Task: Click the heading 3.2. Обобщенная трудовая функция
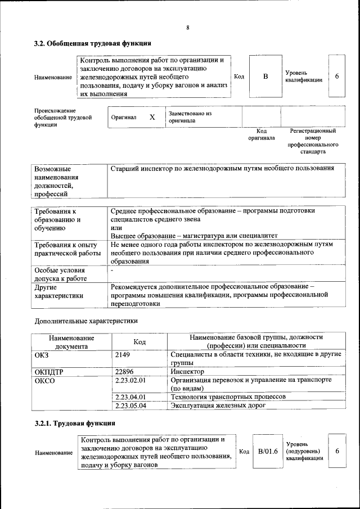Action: (92, 43)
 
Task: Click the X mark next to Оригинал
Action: (152, 118)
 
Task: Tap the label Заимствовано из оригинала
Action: (190, 117)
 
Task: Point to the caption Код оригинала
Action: (262, 134)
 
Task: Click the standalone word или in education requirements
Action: (116, 228)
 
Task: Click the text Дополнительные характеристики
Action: (86, 321)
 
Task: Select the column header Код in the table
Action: (139, 342)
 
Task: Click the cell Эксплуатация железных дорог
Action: (218, 405)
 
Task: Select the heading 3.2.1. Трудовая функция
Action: (75, 424)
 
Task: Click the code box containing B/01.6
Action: (268, 451)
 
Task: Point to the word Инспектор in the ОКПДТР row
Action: (187, 372)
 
